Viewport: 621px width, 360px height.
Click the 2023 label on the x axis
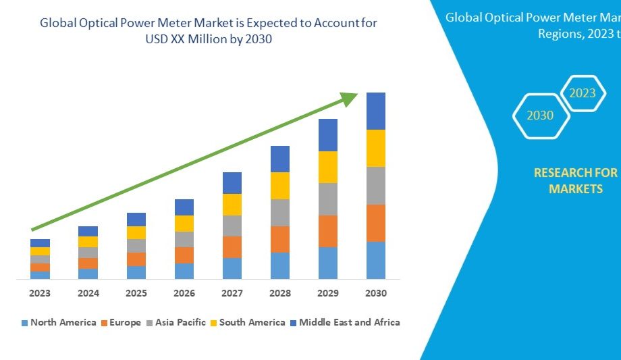point(40,293)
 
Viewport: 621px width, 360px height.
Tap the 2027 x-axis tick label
point(232,293)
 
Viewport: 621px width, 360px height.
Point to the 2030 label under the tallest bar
point(375,293)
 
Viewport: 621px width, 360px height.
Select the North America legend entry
point(59,322)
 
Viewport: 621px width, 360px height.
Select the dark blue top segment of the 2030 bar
point(375,111)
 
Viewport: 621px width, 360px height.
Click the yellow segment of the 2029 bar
point(327,167)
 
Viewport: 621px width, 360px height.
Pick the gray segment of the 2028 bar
point(279,212)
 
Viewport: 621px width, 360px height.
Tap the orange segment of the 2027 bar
point(232,247)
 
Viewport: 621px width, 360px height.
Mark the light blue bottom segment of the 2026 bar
point(184,271)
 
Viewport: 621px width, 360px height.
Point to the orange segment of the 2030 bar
point(375,223)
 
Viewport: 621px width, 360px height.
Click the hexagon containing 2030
point(540,115)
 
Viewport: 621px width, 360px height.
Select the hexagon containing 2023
point(583,93)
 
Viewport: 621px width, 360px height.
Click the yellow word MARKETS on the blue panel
point(575,189)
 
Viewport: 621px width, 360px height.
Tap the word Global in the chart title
point(59,23)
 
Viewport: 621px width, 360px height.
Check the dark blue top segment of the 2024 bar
point(88,231)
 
